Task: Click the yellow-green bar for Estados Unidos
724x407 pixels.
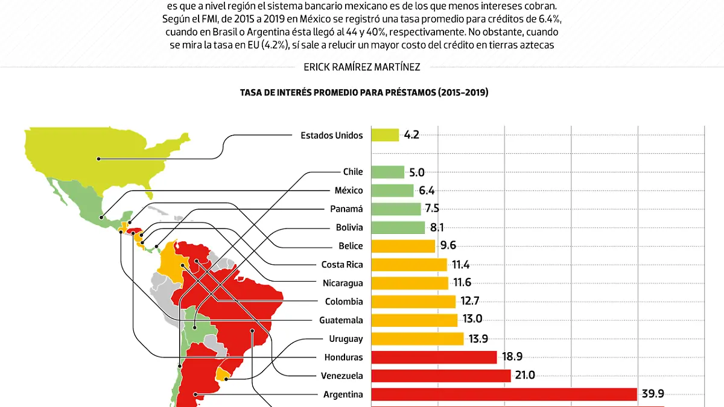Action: tap(385, 135)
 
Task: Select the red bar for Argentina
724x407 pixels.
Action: tap(504, 394)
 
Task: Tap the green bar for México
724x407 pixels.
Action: tap(392, 191)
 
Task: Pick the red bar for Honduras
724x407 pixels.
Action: tap(434, 357)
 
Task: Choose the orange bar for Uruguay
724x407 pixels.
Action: tap(417, 338)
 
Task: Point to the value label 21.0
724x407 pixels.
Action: tap(524, 375)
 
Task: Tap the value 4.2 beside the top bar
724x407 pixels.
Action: tap(411, 135)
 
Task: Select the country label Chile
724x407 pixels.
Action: tap(353, 172)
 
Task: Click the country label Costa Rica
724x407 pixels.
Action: tap(342, 265)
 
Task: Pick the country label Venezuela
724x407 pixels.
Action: tap(342, 376)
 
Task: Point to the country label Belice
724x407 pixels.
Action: tap(351, 246)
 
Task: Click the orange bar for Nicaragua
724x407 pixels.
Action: tap(409, 283)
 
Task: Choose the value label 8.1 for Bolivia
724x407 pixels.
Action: tap(438, 228)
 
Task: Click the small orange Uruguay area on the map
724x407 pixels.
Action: tap(223, 374)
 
